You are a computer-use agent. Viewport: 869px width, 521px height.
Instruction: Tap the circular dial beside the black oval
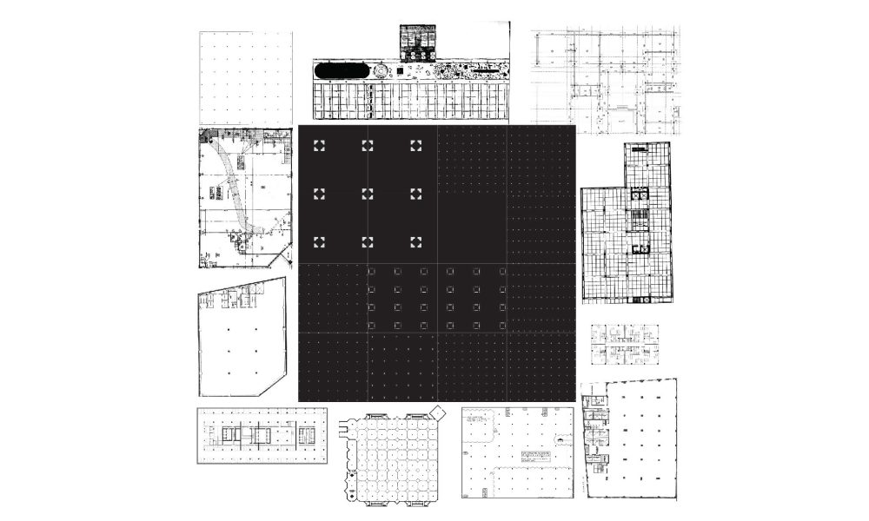point(381,71)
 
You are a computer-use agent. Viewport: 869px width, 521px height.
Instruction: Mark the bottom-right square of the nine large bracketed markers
point(415,241)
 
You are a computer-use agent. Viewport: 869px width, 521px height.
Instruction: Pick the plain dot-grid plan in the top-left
point(246,78)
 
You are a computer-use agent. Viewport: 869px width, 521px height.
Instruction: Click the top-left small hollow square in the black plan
point(371,272)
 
